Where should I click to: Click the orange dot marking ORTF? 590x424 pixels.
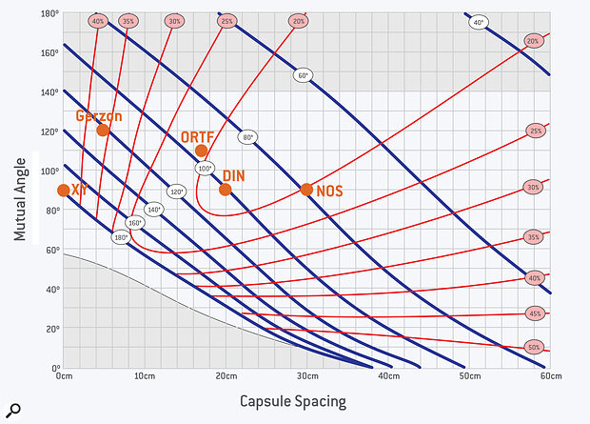tap(201, 151)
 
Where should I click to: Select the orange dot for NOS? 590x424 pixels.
tap(306, 189)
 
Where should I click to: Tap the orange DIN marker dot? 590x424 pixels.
tap(226, 189)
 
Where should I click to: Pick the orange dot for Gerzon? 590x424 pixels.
tap(103, 130)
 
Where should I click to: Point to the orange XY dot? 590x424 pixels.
tap(64, 190)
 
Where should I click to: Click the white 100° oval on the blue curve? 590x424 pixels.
tap(205, 169)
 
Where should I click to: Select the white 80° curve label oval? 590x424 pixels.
tap(248, 137)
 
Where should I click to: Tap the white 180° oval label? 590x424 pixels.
tap(120, 236)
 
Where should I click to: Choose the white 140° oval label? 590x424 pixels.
tap(153, 209)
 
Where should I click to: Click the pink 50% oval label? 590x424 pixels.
tap(535, 347)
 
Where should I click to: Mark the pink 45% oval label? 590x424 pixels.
tap(535, 313)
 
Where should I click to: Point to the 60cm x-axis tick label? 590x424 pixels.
tap(548, 376)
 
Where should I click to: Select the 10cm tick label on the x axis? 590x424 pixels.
tap(145, 376)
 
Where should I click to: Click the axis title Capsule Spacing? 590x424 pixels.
tap(293, 402)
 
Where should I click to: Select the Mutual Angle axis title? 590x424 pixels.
tap(20, 193)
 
